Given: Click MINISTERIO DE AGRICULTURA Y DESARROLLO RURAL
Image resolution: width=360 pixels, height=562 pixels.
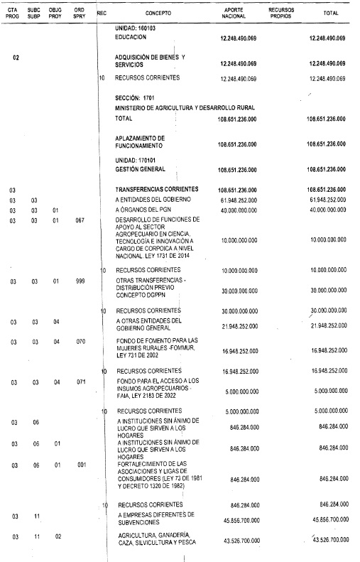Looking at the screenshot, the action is click(185, 107).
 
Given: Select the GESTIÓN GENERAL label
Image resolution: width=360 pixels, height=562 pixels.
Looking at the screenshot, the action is click(140, 170).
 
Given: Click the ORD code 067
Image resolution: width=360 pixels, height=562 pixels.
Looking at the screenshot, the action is click(80, 221).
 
